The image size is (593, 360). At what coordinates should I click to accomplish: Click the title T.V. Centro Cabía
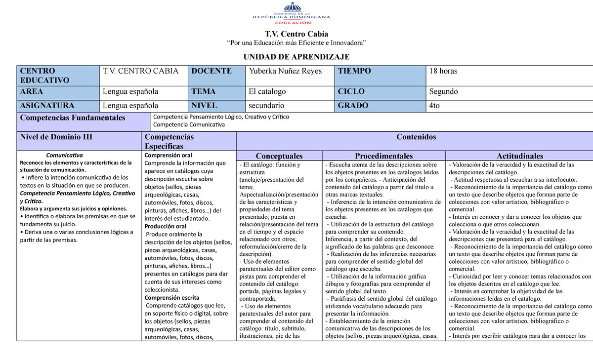[296, 34]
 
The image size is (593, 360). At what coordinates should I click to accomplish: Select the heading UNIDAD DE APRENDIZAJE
[296, 57]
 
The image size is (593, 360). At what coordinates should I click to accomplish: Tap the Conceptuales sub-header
[279, 156]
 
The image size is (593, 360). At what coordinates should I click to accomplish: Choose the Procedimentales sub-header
[383, 156]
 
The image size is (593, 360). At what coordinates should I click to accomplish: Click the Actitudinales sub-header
[519, 156]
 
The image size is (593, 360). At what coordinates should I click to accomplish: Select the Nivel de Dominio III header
[56, 137]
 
